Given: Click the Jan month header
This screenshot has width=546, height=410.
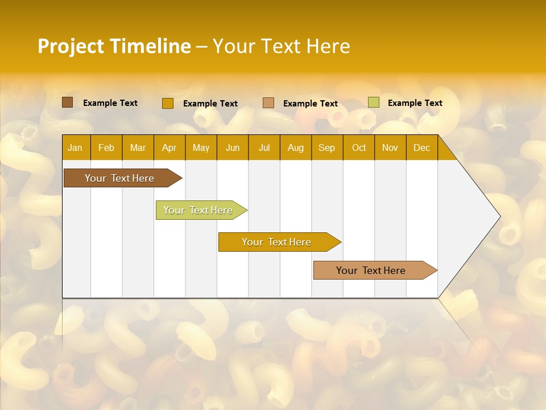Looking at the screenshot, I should (x=75, y=147).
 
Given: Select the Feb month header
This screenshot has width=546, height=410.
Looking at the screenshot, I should (x=106, y=147).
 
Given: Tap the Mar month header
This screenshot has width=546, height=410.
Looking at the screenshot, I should (x=138, y=147).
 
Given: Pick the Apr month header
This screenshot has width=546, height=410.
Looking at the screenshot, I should (x=169, y=147).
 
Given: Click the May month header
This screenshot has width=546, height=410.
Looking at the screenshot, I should (x=201, y=147).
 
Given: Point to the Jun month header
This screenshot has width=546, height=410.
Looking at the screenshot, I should (x=233, y=147).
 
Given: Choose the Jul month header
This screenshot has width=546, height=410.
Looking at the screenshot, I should (x=264, y=147).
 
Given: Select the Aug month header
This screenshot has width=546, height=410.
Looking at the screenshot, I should (x=296, y=147).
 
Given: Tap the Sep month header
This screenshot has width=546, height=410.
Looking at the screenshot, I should (x=326, y=147).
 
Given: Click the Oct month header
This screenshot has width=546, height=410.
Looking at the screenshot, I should (x=359, y=147).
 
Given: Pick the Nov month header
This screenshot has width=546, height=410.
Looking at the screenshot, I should (x=390, y=147).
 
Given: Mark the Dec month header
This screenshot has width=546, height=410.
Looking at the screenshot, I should (x=421, y=147).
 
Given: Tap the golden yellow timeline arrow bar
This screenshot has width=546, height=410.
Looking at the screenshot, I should (x=277, y=242).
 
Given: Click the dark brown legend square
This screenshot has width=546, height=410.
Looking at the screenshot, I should (x=67, y=102).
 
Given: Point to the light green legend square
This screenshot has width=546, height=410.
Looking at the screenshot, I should (x=373, y=102).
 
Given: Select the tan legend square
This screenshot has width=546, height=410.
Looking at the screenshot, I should (x=268, y=103).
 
